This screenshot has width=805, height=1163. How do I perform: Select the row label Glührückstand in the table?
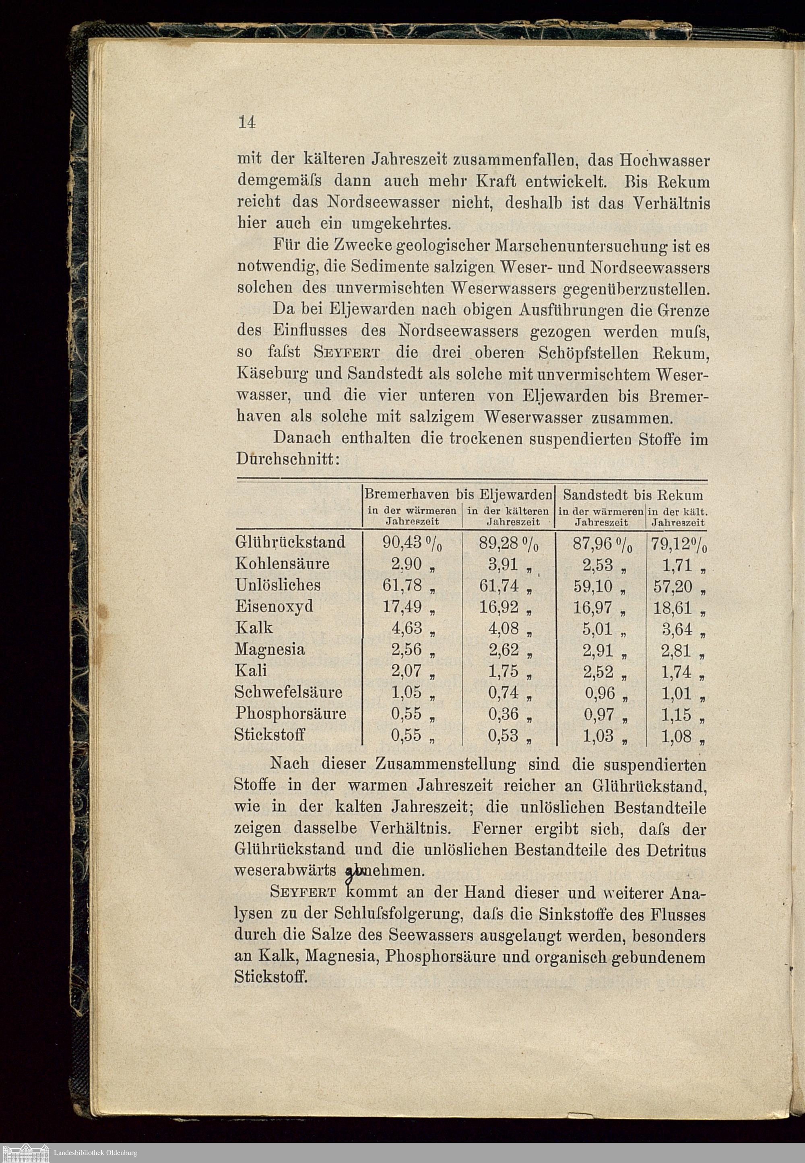290,542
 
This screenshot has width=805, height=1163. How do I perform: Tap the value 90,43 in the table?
402,542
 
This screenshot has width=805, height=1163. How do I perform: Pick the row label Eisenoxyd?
274,606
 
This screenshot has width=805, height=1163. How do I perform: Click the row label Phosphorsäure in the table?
290,714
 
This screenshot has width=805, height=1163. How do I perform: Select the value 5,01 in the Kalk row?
598,629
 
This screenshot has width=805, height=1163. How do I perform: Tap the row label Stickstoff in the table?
269,735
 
